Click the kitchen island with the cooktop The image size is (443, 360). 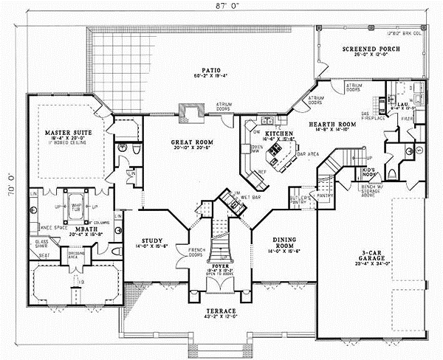coord(279,153)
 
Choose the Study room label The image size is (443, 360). coord(151,240)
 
